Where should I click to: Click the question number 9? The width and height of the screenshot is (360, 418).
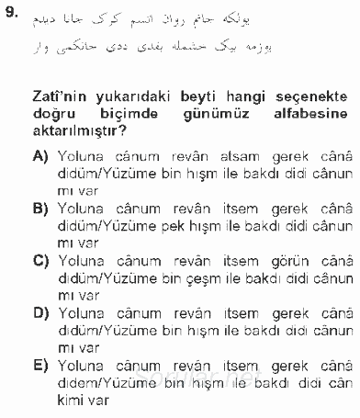tap(12, 15)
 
